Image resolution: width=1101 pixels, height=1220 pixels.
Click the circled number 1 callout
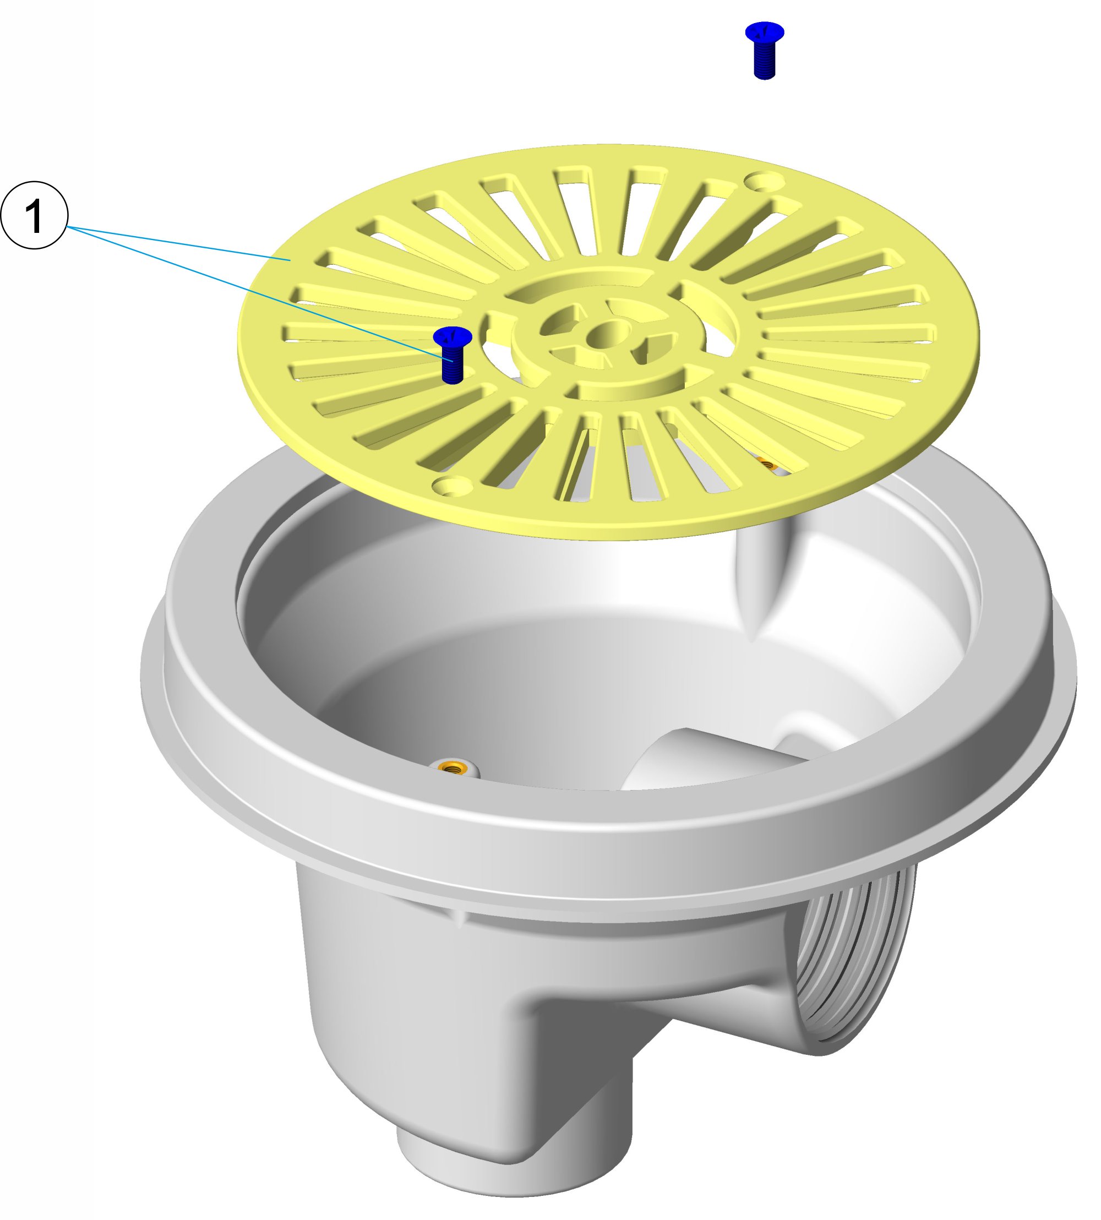pos(34,215)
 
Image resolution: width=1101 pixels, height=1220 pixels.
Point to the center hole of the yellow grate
pos(607,332)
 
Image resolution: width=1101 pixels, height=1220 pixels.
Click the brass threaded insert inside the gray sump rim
pos(451,768)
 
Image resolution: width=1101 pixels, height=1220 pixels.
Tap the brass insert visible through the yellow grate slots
pos(767,465)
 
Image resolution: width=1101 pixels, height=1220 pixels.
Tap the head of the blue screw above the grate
pos(765,31)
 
